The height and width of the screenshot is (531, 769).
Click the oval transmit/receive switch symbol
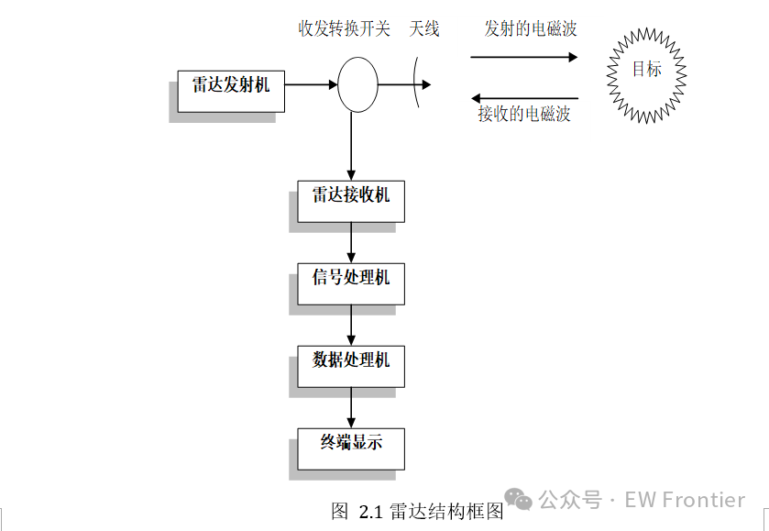(357, 84)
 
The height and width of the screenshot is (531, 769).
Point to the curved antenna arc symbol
(423, 84)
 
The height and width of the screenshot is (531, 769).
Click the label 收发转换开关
(344, 29)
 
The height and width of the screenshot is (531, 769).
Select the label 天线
(424, 29)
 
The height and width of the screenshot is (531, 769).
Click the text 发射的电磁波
(531, 29)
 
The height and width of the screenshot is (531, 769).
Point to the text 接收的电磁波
(524, 115)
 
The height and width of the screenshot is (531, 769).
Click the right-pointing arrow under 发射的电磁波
(524, 57)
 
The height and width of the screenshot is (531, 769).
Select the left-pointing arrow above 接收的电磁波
(524, 98)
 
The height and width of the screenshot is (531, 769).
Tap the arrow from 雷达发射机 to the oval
(311, 84)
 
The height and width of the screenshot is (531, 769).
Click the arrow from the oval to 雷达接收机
(351, 147)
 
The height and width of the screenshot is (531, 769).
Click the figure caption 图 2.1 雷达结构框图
(418, 512)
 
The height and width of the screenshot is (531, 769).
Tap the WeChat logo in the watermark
(519, 500)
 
